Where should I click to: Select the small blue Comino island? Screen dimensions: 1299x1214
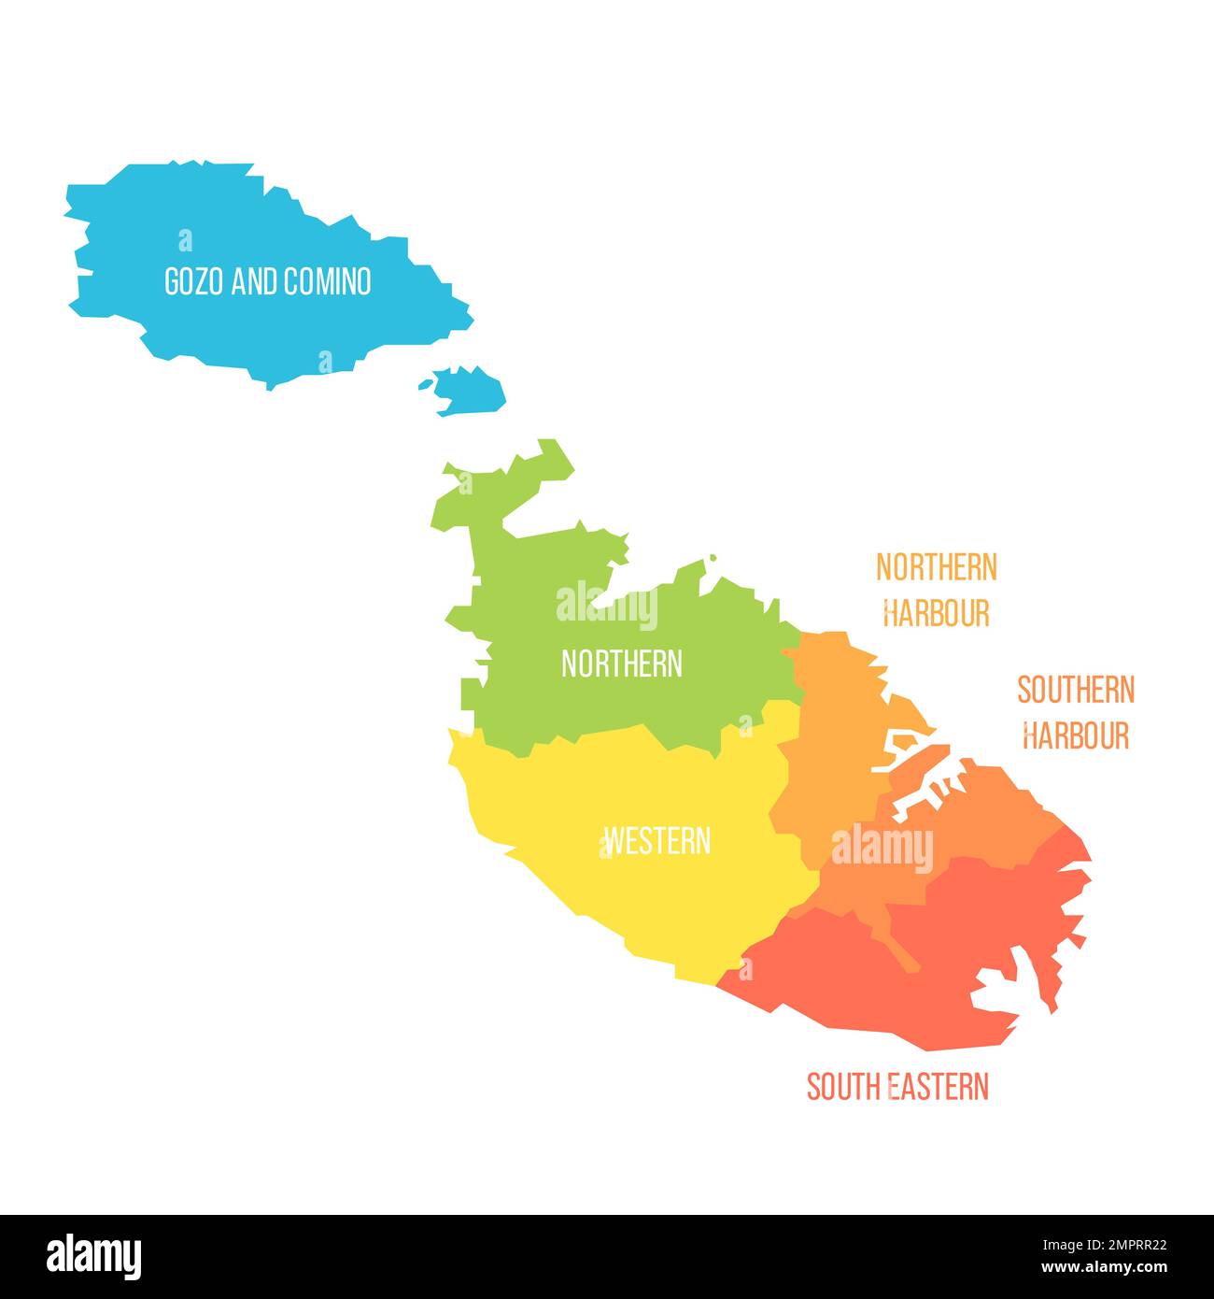470,390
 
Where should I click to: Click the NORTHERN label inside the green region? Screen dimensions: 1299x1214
621,664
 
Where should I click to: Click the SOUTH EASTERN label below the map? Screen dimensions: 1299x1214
897,1087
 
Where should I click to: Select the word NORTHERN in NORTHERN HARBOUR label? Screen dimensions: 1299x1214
936,567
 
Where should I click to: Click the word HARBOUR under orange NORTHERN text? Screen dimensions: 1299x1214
936,614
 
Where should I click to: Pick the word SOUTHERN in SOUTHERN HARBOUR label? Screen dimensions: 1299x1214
1076,691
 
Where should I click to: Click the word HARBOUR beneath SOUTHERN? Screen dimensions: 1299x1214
1076,736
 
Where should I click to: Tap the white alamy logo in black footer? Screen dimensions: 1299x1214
93,1256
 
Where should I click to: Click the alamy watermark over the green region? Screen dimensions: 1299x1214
607,606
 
